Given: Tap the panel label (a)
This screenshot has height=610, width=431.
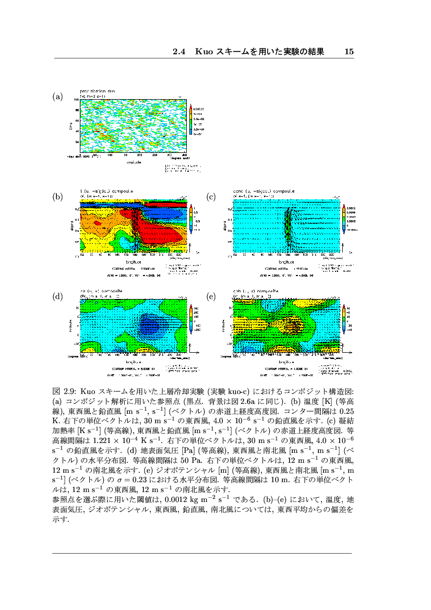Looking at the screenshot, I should point(57,97).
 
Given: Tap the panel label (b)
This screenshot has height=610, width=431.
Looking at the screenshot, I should point(57,197).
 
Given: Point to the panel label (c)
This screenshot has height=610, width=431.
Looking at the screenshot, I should point(211,197).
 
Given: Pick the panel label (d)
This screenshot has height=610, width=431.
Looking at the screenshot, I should point(57,296).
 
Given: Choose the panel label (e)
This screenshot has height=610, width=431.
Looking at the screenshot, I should point(211,296).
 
